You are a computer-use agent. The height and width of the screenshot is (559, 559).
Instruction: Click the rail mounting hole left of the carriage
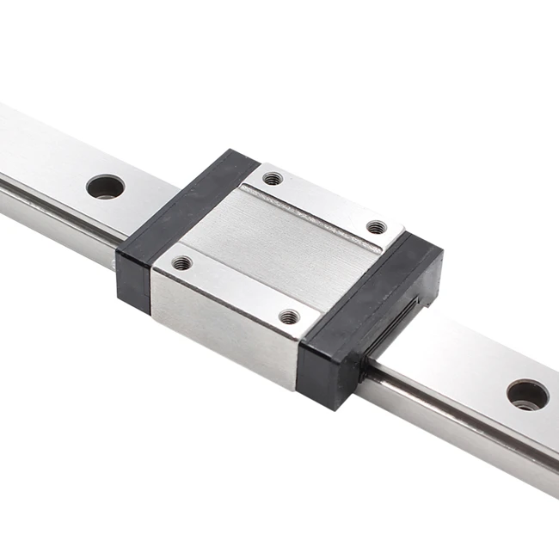[105, 186]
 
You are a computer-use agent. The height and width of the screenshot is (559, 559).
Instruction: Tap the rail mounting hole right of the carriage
[527, 395]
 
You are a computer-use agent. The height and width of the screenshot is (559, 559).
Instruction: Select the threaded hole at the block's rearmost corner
[272, 179]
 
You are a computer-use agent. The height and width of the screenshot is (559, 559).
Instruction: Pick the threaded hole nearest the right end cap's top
[376, 227]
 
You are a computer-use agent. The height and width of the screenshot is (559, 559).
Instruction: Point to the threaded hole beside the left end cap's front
[181, 262]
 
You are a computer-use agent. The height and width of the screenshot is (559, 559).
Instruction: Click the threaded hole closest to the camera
[290, 316]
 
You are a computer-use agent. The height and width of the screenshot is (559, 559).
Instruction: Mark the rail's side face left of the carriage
[52, 206]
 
